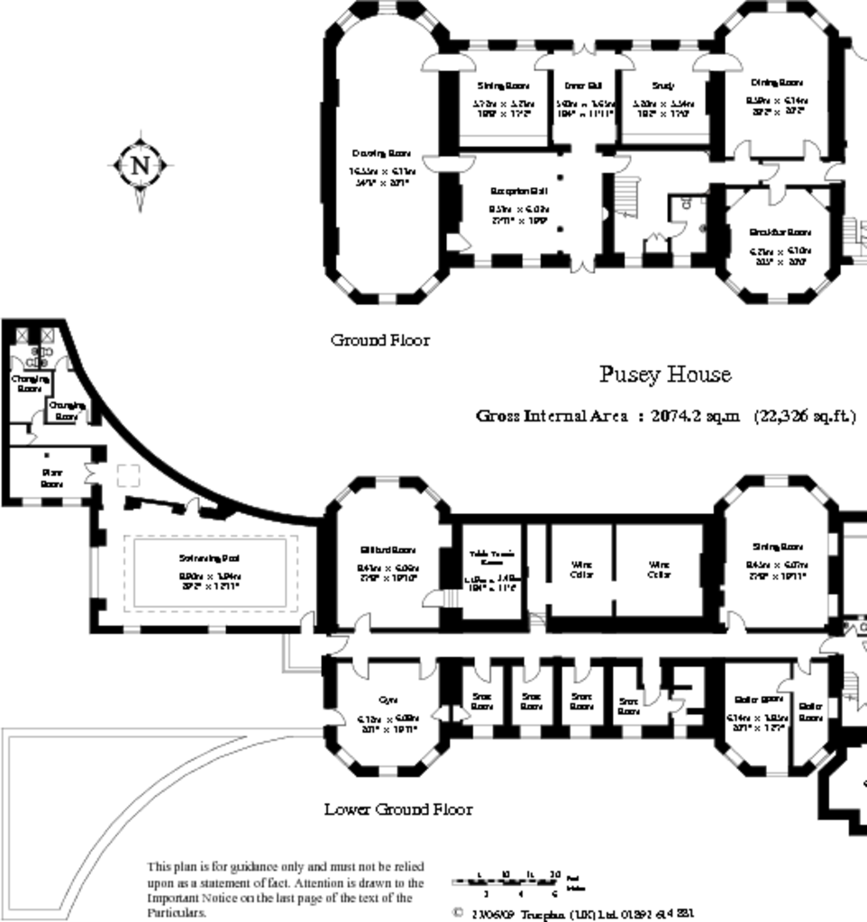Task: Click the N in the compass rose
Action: point(140,166)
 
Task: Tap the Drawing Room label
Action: point(381,153)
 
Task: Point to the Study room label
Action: point(662,86)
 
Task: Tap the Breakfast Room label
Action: point(780,231)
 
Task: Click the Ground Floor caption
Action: point(379,340)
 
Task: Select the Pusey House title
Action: point(665,374)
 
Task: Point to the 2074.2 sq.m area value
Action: point(695,416)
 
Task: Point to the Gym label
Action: point(388,700)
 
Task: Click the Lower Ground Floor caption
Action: point(397,809)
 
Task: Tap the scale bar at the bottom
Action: point(507,881)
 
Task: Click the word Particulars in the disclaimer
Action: point(177,912)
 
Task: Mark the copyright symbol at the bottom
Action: point(458,912)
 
